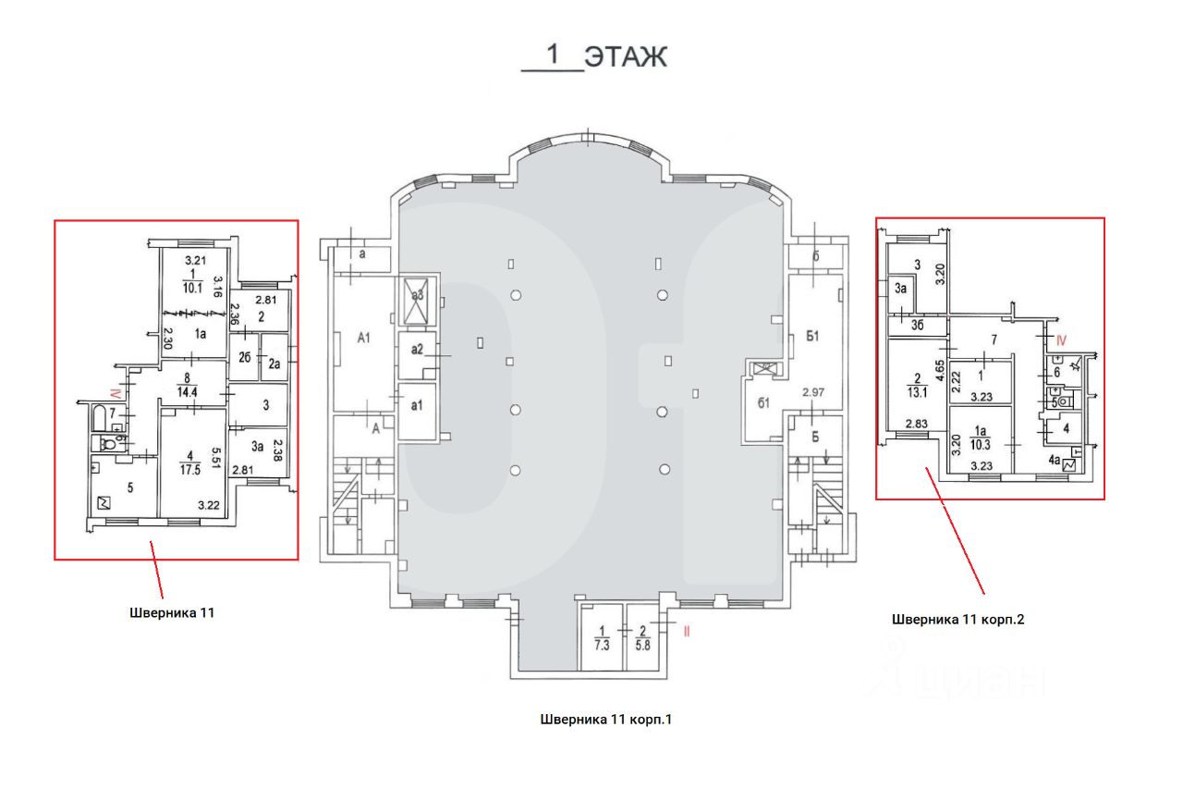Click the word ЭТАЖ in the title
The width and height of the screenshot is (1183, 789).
(x=626, y=56)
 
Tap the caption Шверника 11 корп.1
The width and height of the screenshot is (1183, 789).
(x=605, y=719)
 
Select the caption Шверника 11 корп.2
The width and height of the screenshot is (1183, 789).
(x=957, y=619)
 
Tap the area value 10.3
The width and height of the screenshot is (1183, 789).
(x=982, y=444)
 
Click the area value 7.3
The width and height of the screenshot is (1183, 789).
(x=603, y=646)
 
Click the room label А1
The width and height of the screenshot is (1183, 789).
(x=363, y=338)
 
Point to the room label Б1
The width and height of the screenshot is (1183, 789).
(x=813, y=337)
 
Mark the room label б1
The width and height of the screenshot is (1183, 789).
(x=764, y=401)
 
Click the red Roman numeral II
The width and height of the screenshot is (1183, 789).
(x=687, y=633)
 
